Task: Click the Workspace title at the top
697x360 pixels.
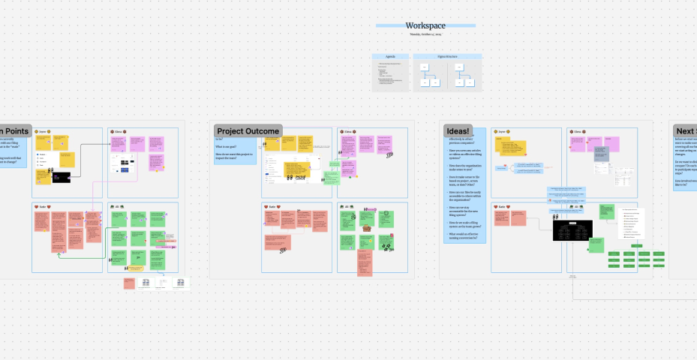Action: point(425,25)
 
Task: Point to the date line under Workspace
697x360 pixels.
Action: point(425,34)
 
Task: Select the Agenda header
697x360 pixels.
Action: point(391,56)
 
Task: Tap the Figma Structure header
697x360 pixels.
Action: point(447,56)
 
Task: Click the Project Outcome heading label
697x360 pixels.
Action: point(248,131)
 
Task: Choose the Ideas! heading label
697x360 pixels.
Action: point(457,130)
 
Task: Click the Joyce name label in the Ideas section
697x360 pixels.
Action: point(503,131)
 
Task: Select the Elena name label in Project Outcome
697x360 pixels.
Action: point(347,131)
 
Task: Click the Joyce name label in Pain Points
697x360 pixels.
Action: point(44,131)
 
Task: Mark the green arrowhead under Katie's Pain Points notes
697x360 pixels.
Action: point(59,254)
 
